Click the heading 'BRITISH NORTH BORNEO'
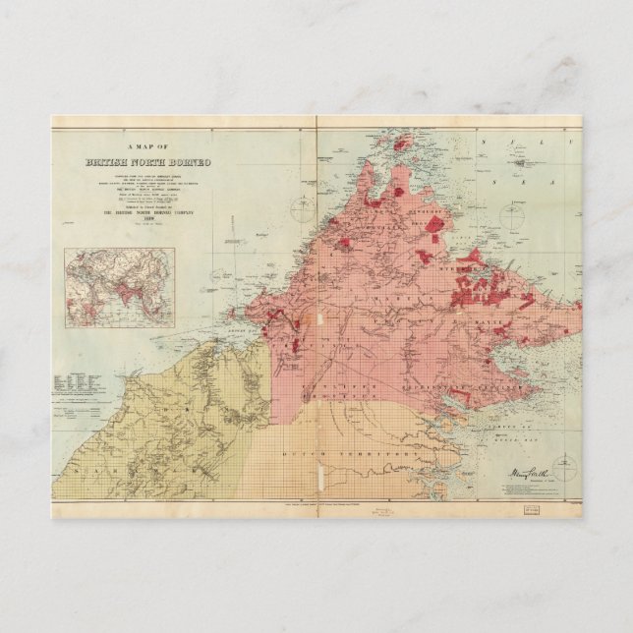[x=147, y=161]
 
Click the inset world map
[x=119, y=287]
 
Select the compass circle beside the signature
[x=562, y=470]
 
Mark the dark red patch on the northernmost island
[x=401, y=144]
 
